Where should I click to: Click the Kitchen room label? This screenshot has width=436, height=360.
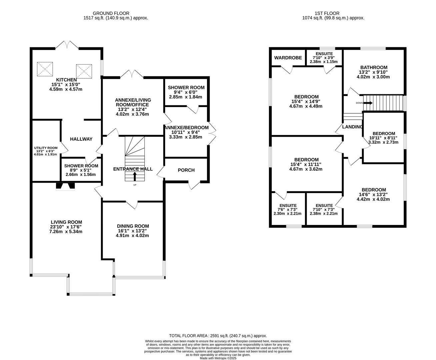click(66, 80)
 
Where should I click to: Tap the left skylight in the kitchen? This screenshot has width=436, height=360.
click(45, 69)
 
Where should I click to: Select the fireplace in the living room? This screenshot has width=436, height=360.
click(65, 186)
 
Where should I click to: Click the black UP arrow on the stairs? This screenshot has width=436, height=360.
click(135, 176)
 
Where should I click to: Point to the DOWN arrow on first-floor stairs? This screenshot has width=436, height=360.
click(368, 103)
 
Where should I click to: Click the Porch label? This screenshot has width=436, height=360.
click(186, 170)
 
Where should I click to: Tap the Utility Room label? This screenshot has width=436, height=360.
click(46, 148)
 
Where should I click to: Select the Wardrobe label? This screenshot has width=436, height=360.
click(288, 58)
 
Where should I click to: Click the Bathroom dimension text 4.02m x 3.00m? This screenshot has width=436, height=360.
click(373, 77)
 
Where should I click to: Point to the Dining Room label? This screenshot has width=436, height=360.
click(133, 226)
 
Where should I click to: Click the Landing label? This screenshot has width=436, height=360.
click(352, 127)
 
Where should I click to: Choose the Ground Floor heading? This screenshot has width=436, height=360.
click(111, 13)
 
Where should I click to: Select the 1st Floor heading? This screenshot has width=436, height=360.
click(327, 13)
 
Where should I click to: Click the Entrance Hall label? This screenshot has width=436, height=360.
click(133, 169)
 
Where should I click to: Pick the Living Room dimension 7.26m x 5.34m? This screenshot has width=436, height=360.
click(66, 232)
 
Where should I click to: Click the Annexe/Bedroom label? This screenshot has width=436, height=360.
click(186, 128)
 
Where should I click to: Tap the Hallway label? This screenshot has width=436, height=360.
click(81, 139)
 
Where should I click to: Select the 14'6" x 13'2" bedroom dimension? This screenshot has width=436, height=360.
click(373, 194)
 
